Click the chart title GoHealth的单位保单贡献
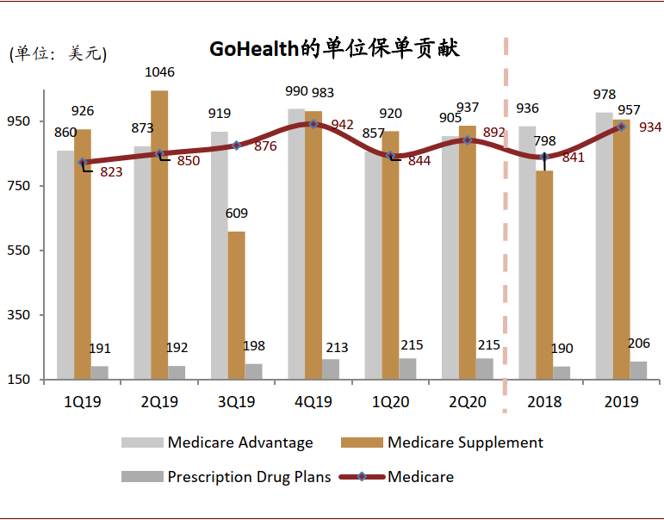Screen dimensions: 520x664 (x=334, y=49)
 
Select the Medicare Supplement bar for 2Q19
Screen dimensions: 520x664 (x=159, y=234)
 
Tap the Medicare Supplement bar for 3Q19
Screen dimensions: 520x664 (x=236, y=305)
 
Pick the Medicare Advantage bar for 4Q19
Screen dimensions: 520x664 (x=296, y=244)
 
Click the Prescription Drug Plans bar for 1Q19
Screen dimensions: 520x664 (x=100, y=372)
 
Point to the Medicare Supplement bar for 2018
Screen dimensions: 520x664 (x=544, y=275)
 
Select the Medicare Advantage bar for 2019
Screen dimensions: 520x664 (x=604, y=245)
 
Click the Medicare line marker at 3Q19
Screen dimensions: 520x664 (x=236, y=145)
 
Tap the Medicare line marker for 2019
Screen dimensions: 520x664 (x=621, y=127)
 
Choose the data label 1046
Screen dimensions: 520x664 (x=159, y=72)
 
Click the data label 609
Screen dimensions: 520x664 (x=237, y=214)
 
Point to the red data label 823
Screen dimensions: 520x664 (x=111, y=172)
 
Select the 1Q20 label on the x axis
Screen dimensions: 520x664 (x=390, y=402)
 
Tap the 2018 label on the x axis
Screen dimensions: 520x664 (x=544, y=402)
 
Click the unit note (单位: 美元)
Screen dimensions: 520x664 (x=58, y=54)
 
